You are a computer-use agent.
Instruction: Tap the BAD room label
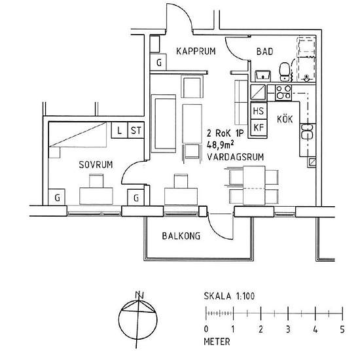tap(264, 51)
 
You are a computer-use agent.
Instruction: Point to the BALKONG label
tap(181, 236)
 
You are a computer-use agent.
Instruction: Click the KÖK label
tap(285, 119)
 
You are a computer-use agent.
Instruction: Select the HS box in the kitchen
tap(259, 111)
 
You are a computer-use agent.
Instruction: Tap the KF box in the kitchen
tap(259, 127)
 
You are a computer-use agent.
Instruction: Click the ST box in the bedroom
tap(136, 130)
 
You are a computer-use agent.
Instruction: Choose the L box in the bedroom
tap(119, 130)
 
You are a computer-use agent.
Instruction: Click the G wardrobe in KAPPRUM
tap(158, 62)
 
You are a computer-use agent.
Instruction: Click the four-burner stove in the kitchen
tap(283, 92)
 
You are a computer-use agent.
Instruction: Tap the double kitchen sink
tap(306, 132)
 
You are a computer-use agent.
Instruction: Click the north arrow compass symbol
tap(138, 319)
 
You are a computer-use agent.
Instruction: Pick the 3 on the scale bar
tap(288, 328)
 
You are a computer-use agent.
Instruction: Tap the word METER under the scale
tap(217, 341)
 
